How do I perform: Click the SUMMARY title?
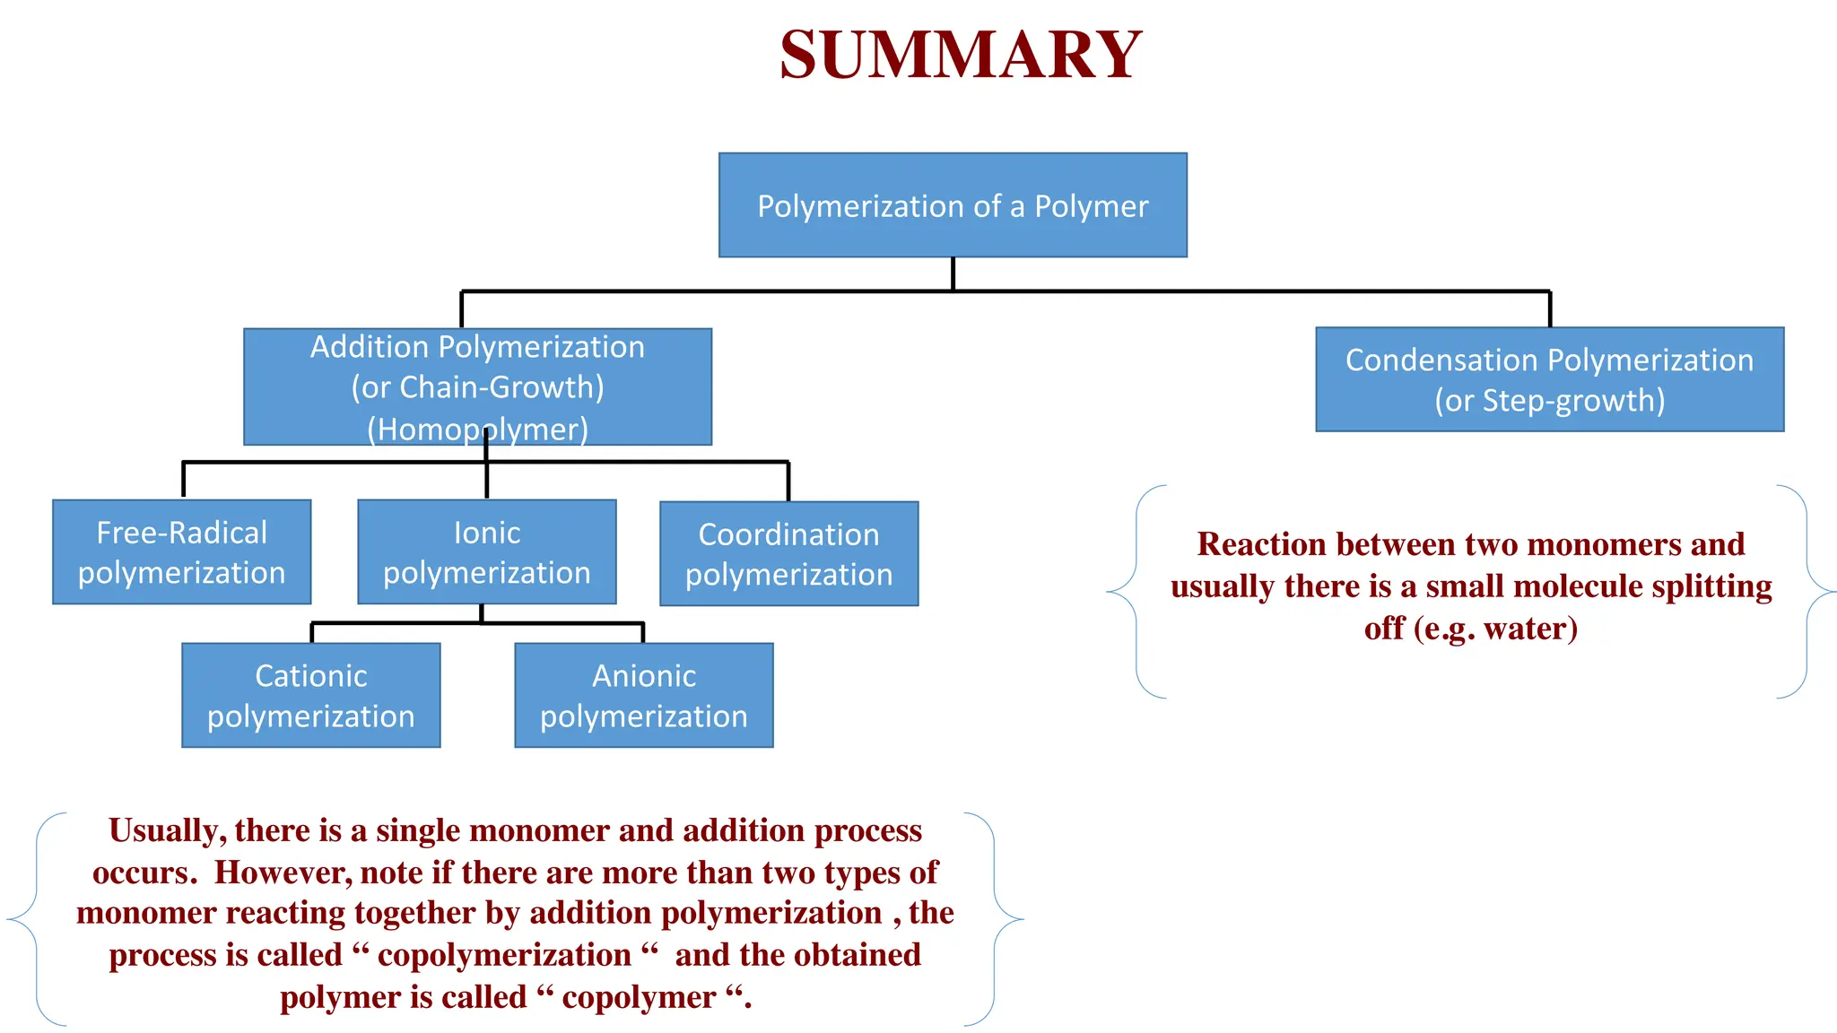960,56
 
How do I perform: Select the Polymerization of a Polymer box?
953,205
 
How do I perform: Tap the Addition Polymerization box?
477,386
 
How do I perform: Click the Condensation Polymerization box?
1549,379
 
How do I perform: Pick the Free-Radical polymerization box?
181,552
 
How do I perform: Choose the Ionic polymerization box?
486,552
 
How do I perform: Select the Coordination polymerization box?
788,554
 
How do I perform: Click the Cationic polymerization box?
310,695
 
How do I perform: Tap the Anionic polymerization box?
643,695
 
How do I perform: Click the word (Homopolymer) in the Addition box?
477,430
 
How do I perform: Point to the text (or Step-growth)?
1549,400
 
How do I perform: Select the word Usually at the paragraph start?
167,831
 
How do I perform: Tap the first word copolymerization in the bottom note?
504,955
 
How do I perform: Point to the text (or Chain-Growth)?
477,387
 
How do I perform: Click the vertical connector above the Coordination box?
788,482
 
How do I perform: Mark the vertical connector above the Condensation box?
1549,309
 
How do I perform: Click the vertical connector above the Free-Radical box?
184,480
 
